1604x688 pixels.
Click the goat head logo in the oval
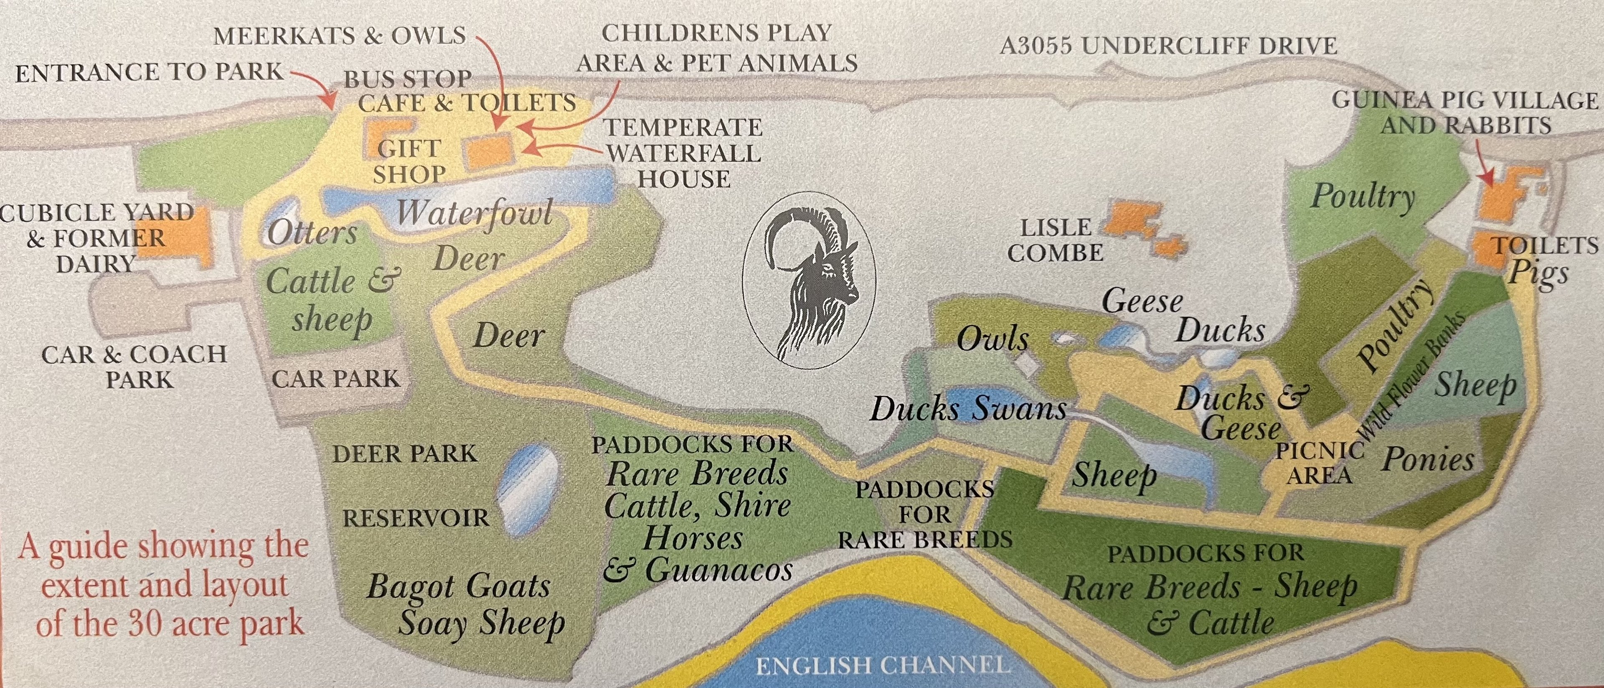click(810, 280)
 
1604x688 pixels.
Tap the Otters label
click(312, 233)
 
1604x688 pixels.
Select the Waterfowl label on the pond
click(475, 213)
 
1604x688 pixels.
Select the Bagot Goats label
click(458, 586)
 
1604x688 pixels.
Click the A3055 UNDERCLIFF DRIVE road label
click(1168, 46)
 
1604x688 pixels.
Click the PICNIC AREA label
click(1320, 463)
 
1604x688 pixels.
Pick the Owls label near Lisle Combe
click(992, 339)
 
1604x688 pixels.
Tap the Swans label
click(1019, 409)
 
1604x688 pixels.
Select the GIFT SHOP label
click(409, 161)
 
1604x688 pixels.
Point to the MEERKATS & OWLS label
click(339, 36)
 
